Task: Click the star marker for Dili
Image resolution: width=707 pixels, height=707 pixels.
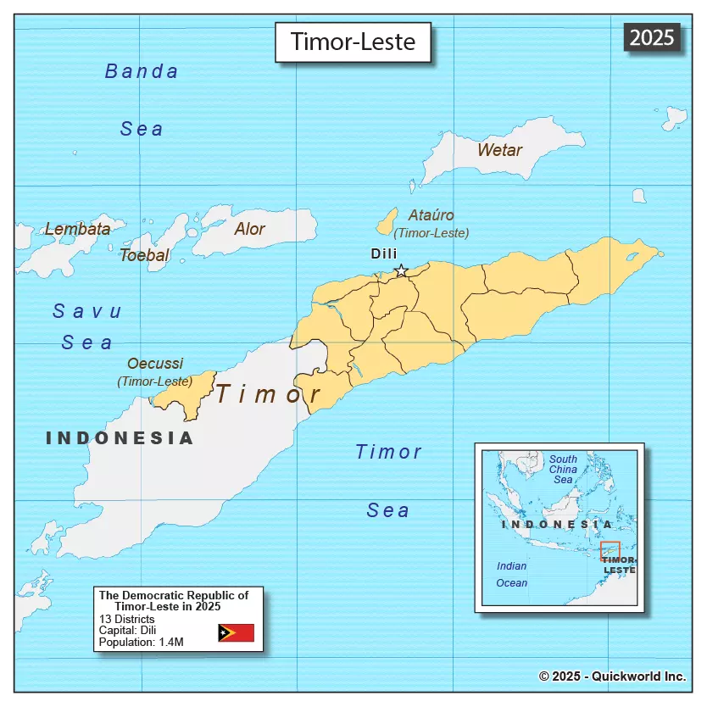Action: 401,271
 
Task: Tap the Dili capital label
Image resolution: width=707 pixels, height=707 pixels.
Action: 384,253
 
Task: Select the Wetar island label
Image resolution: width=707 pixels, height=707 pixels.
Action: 499,150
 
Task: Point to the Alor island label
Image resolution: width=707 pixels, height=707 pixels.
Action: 249,229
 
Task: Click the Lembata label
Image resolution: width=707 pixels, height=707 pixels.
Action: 77,229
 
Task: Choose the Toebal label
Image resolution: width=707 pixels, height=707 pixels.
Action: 144,255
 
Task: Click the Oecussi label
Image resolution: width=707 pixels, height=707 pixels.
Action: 155,364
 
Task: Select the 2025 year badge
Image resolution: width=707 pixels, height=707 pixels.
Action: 652,36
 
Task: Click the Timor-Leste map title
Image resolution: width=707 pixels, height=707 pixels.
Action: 353,42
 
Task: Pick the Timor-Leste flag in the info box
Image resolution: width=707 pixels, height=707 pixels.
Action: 236,632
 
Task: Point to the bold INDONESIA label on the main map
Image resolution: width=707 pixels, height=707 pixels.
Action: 120,438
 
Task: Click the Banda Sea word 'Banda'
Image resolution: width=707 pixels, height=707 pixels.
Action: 142,71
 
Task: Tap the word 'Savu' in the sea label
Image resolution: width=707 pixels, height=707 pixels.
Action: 87,311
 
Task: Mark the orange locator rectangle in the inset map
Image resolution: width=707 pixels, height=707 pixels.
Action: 610,551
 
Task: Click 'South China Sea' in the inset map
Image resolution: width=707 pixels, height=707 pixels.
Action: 563,469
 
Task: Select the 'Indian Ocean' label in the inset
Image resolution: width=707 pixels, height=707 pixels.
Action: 511,574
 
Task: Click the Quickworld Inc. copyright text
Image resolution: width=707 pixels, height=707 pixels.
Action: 612,676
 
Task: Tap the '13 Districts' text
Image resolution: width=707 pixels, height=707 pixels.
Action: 127,619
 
